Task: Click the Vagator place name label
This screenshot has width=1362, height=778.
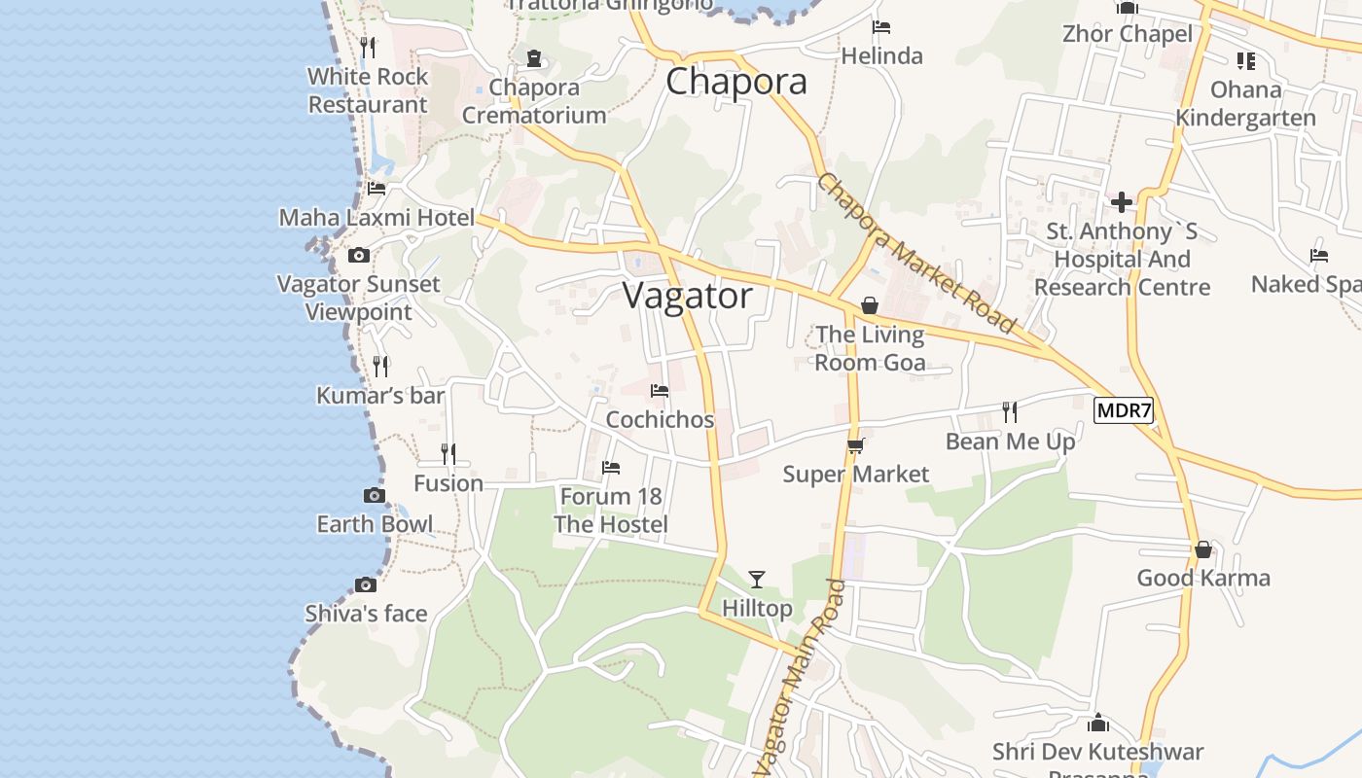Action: pyautogui.click(x=688, y=296)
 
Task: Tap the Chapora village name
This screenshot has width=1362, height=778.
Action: pyautogui.click(x=736, y=82)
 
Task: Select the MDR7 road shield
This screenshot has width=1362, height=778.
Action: pyautogui.click(x=1124, y=410)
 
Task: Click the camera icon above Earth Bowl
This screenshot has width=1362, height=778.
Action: pyautogui.click(x=374, y=496)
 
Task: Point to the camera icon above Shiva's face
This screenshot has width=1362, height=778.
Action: pyautogui.click(x=366, y=584)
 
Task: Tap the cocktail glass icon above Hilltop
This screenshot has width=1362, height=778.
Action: pyautogui.click(x=757, y=580)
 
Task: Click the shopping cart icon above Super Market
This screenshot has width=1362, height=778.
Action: pyautogui.click(x=856, y=445)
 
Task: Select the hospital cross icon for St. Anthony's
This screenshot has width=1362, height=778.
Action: pyautogui.click(x=1122, y=202)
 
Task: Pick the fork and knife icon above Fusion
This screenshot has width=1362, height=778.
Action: pyautogui.click(x=448, y=454)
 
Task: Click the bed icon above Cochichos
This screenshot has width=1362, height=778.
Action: pyautogui.click(x=660, y=391)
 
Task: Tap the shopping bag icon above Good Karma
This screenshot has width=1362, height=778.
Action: pyautogui.click(x=1203, y=549)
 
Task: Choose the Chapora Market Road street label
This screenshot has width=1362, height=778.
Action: pyautogui.click(x=917, y=253)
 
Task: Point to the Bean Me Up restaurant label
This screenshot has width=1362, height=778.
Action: pyautogui.click(x=1011, y=442)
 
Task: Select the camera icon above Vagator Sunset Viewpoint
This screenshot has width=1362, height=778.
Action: pyautogui.click(x=359, y=256)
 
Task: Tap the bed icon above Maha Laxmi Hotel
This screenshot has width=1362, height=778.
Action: pyautogui.click(x=376, y=189)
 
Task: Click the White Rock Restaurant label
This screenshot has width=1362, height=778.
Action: pyautogui.click(x=368, y=90)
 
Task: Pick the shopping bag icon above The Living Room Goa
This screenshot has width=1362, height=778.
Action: pyautogui.click(x=870, y=305)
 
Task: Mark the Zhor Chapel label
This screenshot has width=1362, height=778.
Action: pyautogui.click(x=1128, y=34)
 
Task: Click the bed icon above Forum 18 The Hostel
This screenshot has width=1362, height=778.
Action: pyautogui.click(x=611, y=468)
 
